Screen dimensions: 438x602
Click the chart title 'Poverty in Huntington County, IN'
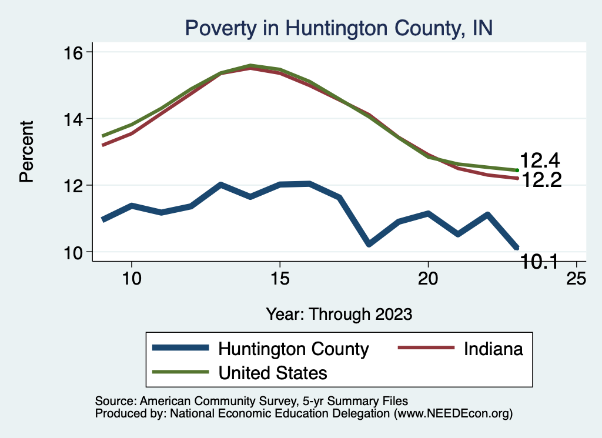[x=338, y=28]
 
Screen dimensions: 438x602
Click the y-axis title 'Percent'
[x=26, y=152]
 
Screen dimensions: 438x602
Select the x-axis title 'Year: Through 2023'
[x=339, y=313]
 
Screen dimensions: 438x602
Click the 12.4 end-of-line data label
[x=539, y=161]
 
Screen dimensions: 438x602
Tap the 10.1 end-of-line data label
[x=540, y=262]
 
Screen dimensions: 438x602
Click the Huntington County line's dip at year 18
[x=368, y=243]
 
